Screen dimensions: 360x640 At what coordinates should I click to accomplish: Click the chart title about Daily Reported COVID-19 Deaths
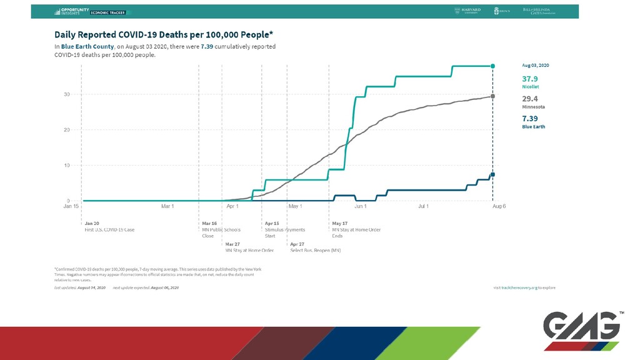click(164, 34)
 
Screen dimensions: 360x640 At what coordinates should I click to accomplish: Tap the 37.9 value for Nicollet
click(529, 79)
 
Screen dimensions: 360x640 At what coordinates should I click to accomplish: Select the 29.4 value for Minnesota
click(529, 99)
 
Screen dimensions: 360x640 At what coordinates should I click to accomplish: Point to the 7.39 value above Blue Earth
click(529, 118)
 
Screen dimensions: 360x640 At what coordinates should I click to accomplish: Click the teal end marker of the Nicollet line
click(493, 66)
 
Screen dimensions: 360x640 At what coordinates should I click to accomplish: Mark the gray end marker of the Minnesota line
click(493, 96)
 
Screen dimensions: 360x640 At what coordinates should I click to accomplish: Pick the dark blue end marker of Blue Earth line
click(493, 174)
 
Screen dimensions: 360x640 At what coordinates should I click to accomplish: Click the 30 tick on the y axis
click(66, 94)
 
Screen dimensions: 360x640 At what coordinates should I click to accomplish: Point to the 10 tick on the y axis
click(66, 166)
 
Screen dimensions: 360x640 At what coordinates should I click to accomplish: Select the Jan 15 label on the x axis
click(72, 206)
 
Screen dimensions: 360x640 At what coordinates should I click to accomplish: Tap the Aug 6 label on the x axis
click(498, 206)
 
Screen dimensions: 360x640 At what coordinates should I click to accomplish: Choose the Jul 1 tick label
click(424, 206)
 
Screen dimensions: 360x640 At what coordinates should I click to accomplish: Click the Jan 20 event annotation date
click(92, 223)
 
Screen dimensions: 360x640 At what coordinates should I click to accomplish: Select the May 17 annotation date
click(340, 223)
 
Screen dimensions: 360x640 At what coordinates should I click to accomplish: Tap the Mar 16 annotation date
click(209, 223)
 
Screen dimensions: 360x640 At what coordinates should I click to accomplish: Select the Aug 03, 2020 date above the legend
click(536, 65)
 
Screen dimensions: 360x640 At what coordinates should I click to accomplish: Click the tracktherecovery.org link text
click(523, 287)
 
